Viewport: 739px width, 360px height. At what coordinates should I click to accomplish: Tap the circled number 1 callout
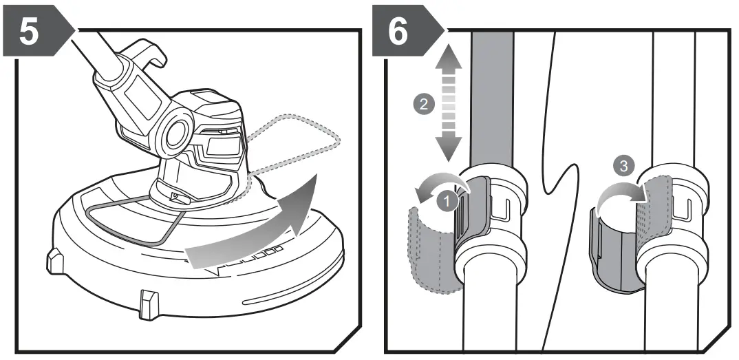point(448,202)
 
